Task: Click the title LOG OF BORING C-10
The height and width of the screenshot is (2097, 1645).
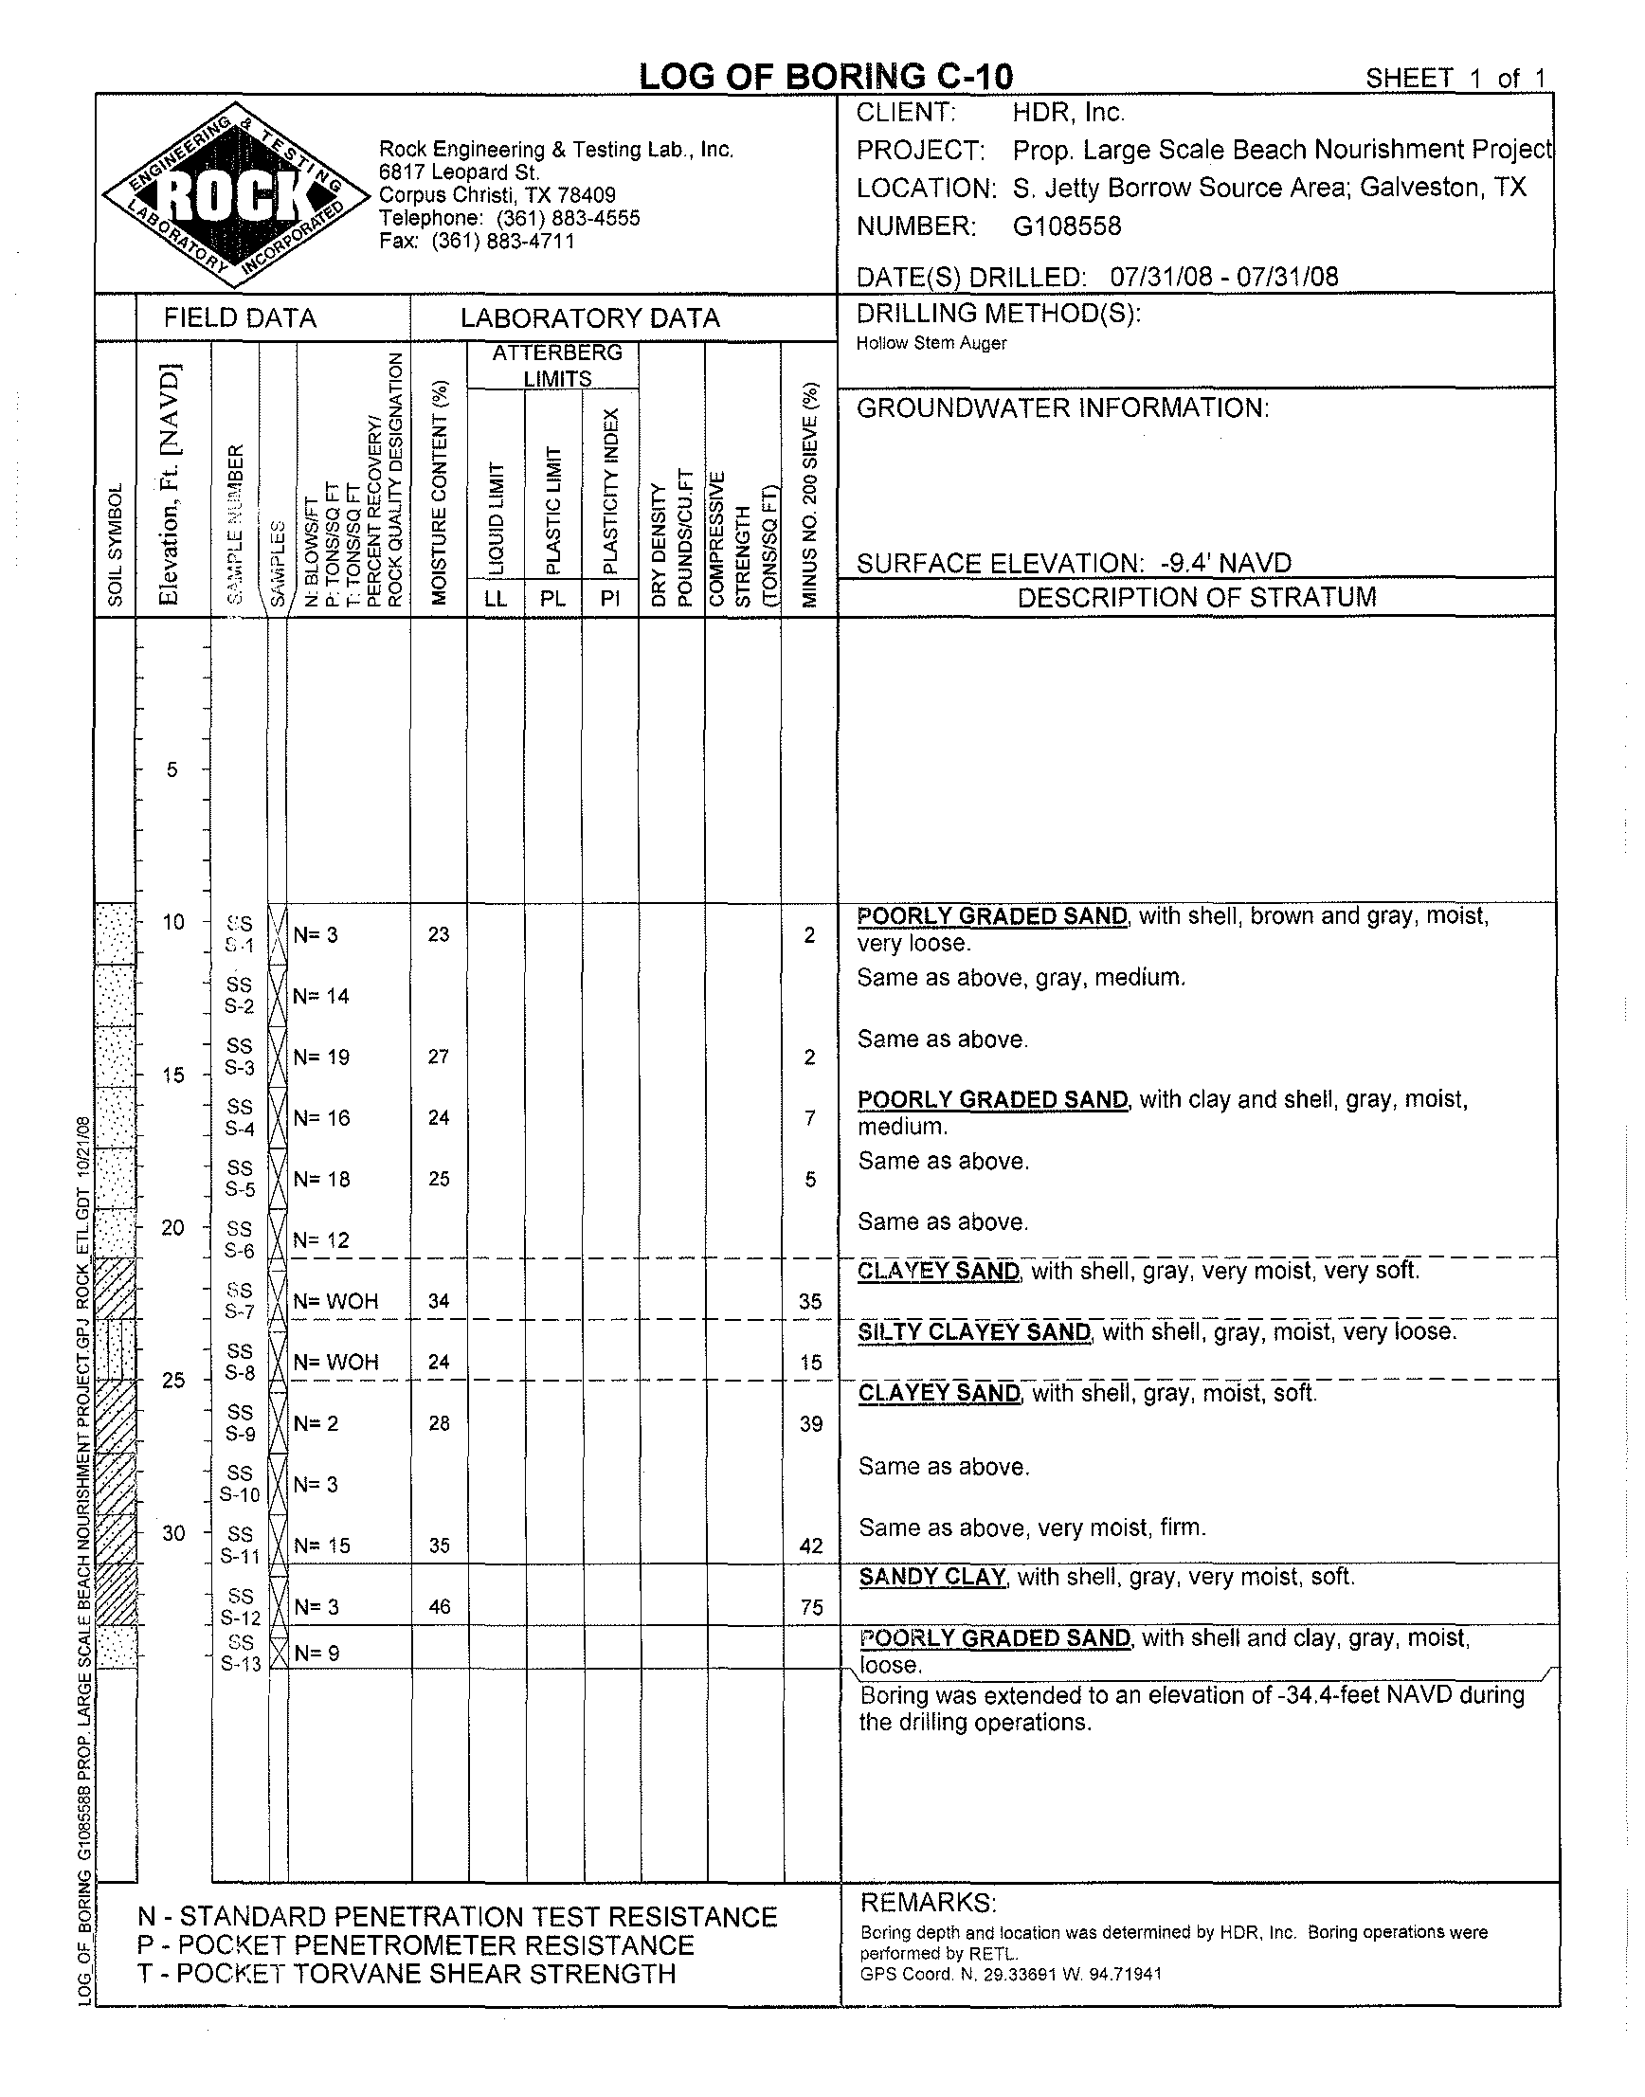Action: point(825,76)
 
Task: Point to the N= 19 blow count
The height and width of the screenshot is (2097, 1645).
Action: point(321,1057)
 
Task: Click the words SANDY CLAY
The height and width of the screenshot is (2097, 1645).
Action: point(932,1577)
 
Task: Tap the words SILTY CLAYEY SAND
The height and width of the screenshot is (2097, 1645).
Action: point(975,1332)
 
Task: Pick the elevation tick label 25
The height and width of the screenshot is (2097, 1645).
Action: point(173,1381)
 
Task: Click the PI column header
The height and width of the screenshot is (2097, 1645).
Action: point(609,598)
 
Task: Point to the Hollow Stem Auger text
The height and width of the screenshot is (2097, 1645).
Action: point(931,343)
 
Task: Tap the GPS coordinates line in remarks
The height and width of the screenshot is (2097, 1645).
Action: point(1011,1974)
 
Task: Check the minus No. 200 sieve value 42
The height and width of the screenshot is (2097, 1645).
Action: point(811,1546)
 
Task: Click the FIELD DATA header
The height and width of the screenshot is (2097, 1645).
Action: point(240,317)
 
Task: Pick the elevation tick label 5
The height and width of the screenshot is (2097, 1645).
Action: point(172,769)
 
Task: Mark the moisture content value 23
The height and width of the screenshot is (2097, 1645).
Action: point(439,934)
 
